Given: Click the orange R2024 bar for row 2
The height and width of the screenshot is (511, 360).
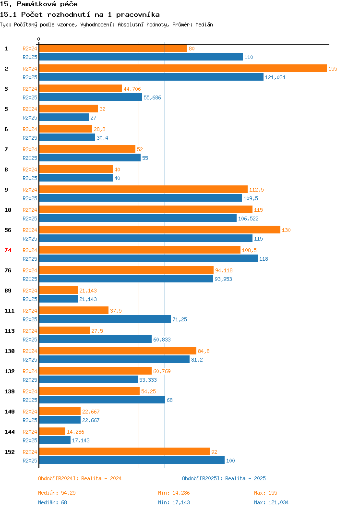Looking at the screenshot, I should pyautogui.click(x=182, y=68).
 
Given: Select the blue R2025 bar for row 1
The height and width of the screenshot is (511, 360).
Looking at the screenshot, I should pyautogui.click(x=141, y=57).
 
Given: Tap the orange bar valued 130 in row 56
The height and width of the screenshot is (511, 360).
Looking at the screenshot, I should pyautogui.click(x=159, y=230).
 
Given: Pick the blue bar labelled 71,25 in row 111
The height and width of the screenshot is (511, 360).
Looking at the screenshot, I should pyautogui.click(x=105, y=319).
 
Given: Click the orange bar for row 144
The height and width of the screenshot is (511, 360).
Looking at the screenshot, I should pyautogui.click(x=52, y=431).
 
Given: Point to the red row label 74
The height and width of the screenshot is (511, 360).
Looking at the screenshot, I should pyautogui.click(x=8, y=250).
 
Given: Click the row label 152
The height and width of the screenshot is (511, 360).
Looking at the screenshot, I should pyautogui.click(x=10, y=452).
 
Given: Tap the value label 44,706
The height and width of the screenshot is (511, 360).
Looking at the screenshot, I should pyautogui.click(x=132, y=89).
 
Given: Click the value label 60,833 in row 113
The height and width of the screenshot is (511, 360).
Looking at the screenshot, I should pyautogui.click(x=162, y=340).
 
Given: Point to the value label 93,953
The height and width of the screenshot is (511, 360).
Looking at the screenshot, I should pyautogui.click(x=223, y=279).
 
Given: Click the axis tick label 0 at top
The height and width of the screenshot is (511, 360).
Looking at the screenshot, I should pyautogui.click(x=39, y=39).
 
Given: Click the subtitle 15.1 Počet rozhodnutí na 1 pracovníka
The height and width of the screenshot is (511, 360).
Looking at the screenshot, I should pyautogui.click(x=80, y=15).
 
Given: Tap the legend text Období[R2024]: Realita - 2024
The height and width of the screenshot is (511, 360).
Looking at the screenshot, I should pyautogui.click(x=80, y=478).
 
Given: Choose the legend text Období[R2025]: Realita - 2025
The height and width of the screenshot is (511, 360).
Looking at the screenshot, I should pyautogui.click(x=224, y=478).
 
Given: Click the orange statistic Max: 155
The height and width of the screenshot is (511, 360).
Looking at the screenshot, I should pyautogui.click(x=265, y=493).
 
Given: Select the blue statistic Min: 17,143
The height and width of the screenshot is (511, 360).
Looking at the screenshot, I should pyautogui.click(x=174, y=502).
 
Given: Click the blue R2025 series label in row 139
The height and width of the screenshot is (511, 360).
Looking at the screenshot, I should pyautogui.click(x=30, y=400).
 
